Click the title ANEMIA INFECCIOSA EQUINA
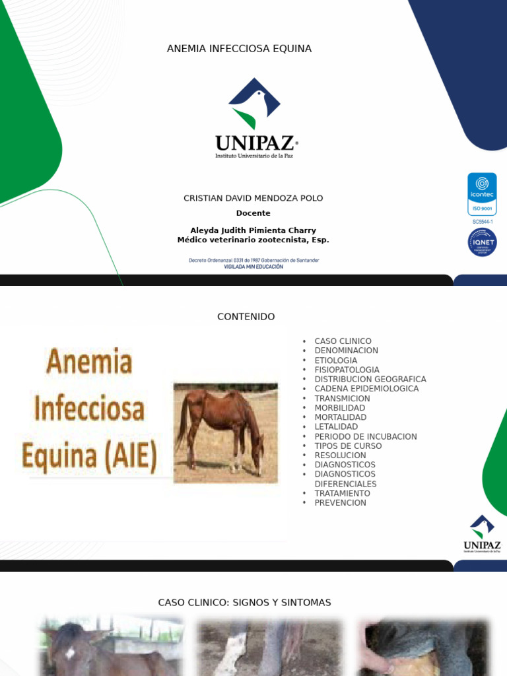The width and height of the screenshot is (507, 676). pos(239,49)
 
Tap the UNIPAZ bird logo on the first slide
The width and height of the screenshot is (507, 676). pos(254,103)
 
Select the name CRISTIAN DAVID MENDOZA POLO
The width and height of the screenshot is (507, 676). pos(253,198)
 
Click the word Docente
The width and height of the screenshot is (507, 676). pos(253,213)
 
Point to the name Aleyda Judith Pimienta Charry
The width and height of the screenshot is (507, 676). pos(253,230)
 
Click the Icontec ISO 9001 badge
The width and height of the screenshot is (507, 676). pos(482,194)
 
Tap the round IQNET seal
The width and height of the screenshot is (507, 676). pos(482,242)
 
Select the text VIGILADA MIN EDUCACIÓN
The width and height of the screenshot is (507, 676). pos(253,267)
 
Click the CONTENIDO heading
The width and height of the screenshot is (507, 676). pos(246,317)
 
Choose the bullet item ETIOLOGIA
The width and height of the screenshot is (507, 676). pos(335,360)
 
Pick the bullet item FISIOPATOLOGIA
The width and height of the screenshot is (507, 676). pos(347,370)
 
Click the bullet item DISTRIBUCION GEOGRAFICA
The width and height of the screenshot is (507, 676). pos(370,380)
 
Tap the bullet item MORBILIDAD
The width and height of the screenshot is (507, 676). pos(339,408)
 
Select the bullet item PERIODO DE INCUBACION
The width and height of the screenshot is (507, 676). pos(365,436)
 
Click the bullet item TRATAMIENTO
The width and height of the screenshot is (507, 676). pos(342,493)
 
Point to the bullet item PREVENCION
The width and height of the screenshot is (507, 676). pos(340,503)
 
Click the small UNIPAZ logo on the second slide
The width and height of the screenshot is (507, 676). pos(482,533)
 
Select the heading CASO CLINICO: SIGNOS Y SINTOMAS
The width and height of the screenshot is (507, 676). pos(244,603)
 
